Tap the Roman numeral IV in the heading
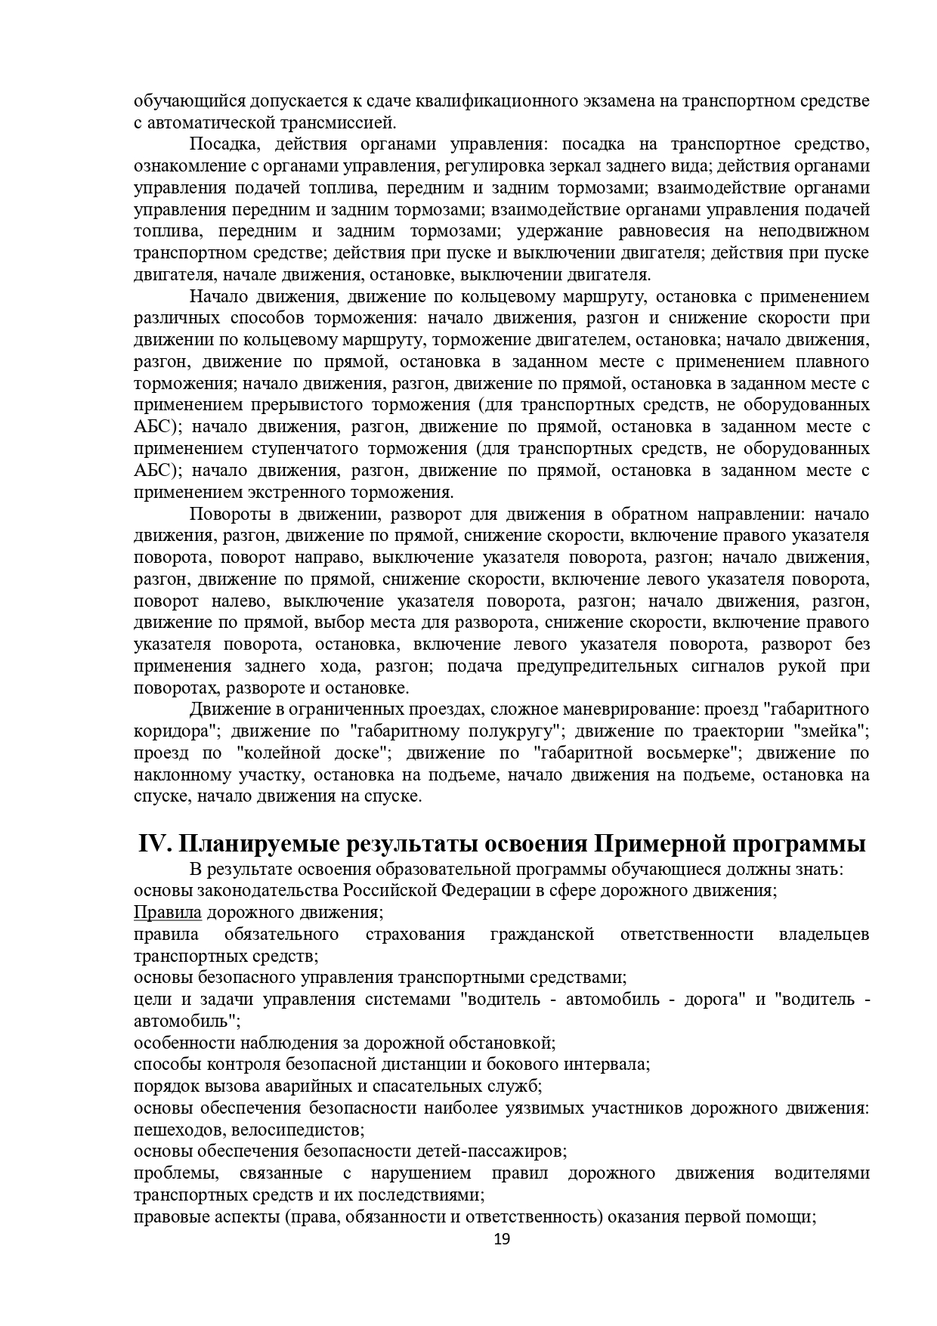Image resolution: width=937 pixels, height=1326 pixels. click(x=155, y=843)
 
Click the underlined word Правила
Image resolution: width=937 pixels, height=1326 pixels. click(x=167, y=912)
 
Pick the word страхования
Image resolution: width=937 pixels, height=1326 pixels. click(x=415, y=934)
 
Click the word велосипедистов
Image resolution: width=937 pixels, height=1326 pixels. click(x=300, y=1130)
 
